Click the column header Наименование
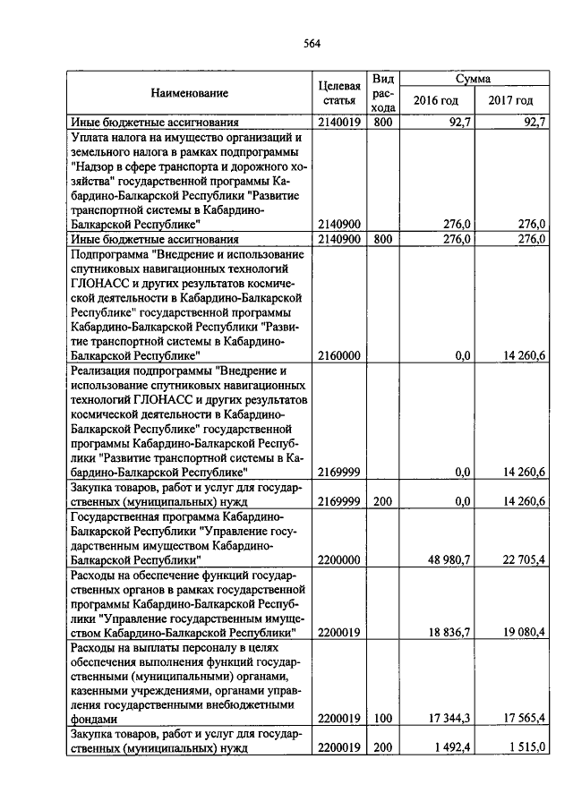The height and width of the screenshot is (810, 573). click(189, 93)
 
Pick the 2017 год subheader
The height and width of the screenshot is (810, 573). click(510, 101)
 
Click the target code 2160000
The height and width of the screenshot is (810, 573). click(339, 355)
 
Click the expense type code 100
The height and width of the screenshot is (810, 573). click(383, 719)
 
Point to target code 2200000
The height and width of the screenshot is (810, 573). click(339, 559)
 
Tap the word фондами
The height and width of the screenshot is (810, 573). click(94, 719)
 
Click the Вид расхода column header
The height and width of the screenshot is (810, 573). click(383, 93)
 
